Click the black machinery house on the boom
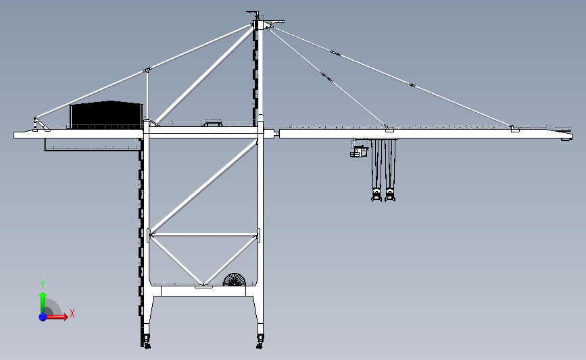pos(106,115)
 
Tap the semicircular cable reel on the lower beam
pos(235,280)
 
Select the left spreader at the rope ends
pos(376,195)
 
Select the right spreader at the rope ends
pos(390,195)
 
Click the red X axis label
pos(72,313)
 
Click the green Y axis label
pos(43,284)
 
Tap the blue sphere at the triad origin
pos(43,317)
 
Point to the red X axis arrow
pos(55,317)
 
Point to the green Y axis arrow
pos(43,303)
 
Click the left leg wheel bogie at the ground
pos(146,340)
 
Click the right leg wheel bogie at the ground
pos(260,340)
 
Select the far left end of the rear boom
pos(14,135)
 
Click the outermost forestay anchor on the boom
pos(514,129)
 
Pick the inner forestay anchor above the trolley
pos(389,129)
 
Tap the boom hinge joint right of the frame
pos(276,133)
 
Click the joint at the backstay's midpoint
pos(147,70)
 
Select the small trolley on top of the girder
pos(213,122)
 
